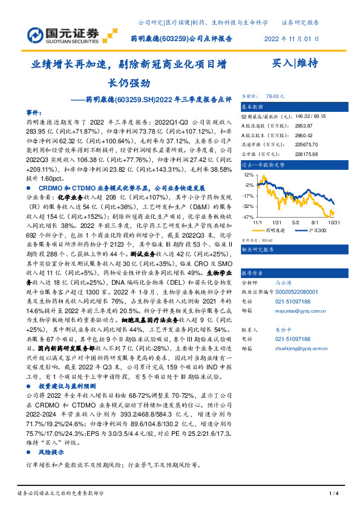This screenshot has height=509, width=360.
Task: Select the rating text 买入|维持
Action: pyautogui.click(x=295, y=63)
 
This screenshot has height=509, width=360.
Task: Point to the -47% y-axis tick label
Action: pyautogui.click(x=248, y=216)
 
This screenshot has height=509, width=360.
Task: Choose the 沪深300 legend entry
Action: pyautogui.click(x=315, y=230)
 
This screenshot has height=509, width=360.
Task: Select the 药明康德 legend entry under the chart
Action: pyautogui.click(x=278, y=230)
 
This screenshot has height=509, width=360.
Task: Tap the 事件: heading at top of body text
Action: pyautogui.click(x=34, y=112)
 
